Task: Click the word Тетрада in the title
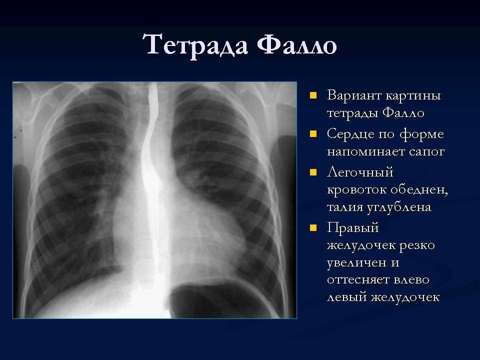coord(197,45)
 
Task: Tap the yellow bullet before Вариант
coord(313,95)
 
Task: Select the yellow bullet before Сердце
coord(313,134)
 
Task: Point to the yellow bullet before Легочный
coord(313,172)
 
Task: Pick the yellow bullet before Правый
coord(313,228)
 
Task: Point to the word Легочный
coord(360,173)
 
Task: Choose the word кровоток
coord(356,190)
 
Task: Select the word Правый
coord(353,228)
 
